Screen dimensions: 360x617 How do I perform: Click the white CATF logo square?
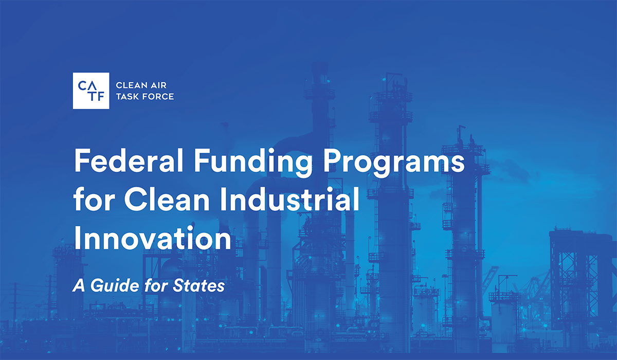pos(90,91)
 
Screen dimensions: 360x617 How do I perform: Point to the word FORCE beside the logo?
pos(159,97)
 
